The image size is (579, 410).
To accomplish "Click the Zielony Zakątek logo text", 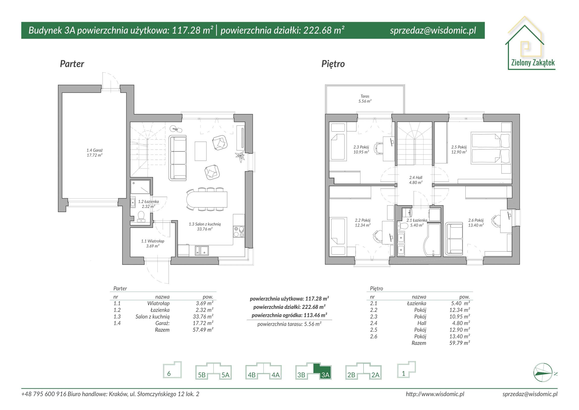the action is pyautogui.click(x=533, y=63).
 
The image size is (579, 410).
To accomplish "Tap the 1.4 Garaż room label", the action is pyautogui.click(x=95, y=153).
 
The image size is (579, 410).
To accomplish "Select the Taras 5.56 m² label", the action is pyautogui.click(x=365, y=99).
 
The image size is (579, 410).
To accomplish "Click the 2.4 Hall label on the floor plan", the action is pyautogui.click(x=416, y=180).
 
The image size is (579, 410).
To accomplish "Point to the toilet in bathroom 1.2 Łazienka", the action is pyautogui.click(x=141, y=217).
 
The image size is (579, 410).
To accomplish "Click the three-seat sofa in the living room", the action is pyautogui.click(x=177, y=158).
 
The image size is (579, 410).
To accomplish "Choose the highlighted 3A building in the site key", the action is pyautogui.click(x=323, y=372).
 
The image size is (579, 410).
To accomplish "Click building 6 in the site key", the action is pyautogui.click(x=172, y=370).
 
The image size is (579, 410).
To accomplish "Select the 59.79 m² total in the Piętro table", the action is pyautogui.click(x=459, y=343).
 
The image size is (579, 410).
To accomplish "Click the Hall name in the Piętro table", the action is pyautogui.click(x=422, y=323).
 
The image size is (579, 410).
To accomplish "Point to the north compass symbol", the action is pyautogui.click(x=543, y=372).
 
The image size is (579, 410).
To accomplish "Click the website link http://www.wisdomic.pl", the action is pyautogui.click(x=435, y=394).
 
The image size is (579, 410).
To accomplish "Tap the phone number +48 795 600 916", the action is pyautogui.click(x=44, y=394).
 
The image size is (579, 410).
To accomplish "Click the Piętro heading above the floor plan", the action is pyautogui.click(x=333, y=64).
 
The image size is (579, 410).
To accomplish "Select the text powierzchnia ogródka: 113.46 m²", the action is pyautogui.click(x=289, y=315).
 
